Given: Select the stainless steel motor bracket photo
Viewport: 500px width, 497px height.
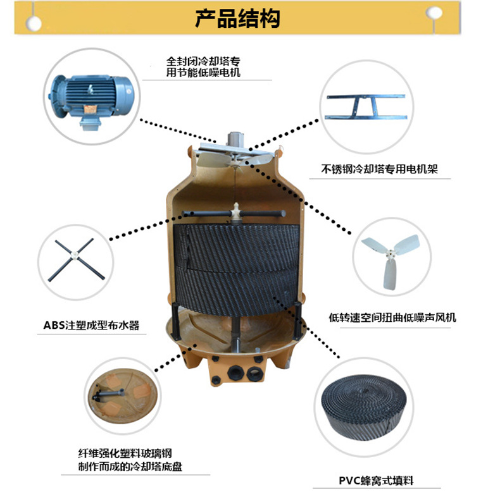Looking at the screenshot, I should click(x=365, y=108).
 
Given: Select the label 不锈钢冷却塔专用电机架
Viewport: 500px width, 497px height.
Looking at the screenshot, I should click(x=380, y=169).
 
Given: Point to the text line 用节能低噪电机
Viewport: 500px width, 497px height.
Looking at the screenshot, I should click(x=203, y=73).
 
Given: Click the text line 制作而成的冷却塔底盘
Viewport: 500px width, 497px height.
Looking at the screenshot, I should click(x=130, y=468).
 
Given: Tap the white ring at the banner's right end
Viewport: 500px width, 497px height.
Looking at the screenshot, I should click(x=433, y=13).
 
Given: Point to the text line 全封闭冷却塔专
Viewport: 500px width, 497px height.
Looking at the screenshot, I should click(x=204, y=62).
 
